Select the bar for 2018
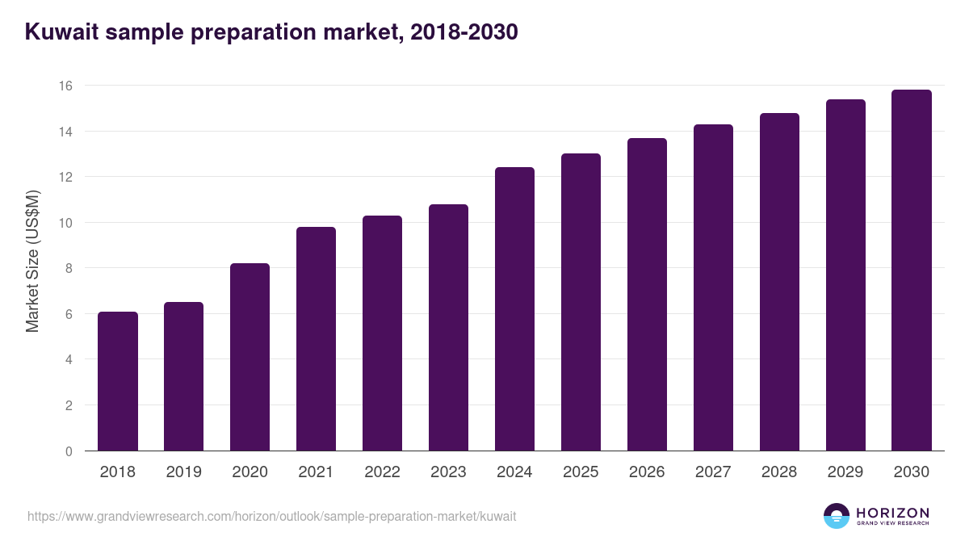[118, 381]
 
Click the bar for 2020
[250, 357]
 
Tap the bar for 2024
[514, 309]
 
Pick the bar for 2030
[912, 270]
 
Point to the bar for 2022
[382, 333]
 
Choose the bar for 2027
[713, 287]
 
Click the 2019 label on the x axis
[184, 472]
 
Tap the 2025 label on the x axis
[581, 472]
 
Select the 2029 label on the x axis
[845, 472]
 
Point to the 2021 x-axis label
[316, 472]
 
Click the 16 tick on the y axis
[66, 86]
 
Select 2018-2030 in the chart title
[464, 32]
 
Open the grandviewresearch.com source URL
[271, 517]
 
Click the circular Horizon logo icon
[837, 516]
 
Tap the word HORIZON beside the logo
[892, 513]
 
